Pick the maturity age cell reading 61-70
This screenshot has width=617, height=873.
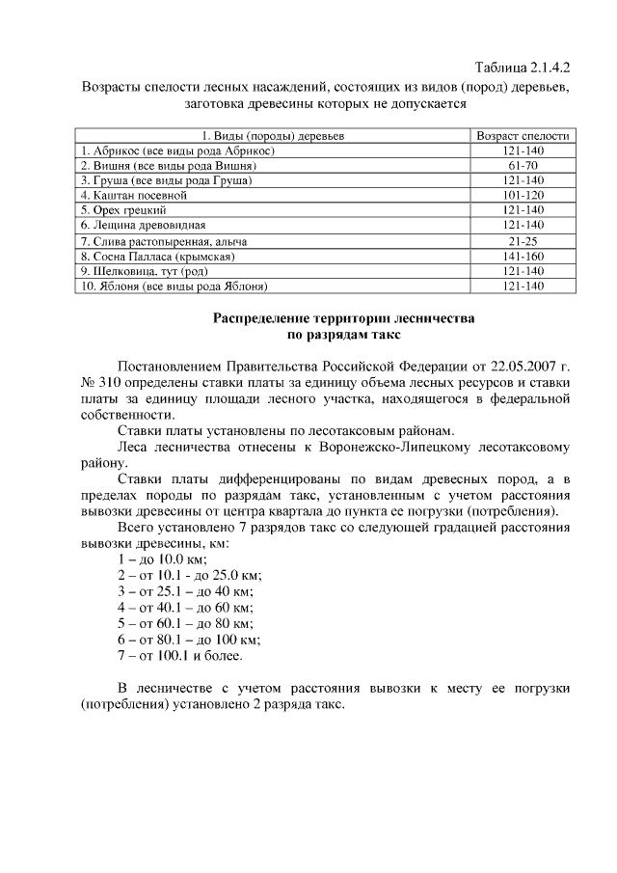(523, 166)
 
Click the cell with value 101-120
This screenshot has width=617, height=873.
(523, 195)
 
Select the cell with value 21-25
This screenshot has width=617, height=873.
(523, 240)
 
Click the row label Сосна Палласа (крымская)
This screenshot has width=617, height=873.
(158, 257)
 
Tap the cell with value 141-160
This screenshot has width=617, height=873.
(523, 257)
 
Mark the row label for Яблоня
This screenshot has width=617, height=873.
(174, 286)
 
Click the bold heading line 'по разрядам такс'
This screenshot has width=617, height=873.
(344, 335)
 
